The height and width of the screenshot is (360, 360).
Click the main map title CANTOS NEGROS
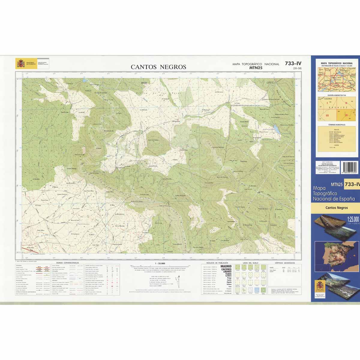(x=158, y=67)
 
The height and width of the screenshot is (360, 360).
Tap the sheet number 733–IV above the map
(x=293, y=63)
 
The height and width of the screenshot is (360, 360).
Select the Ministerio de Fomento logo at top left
(x=31, y=64)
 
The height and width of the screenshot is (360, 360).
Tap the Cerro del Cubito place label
(x=153, y=140)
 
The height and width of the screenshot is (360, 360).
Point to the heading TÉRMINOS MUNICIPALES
(x=337, y=124)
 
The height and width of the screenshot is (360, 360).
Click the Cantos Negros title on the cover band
(x=337, y=208)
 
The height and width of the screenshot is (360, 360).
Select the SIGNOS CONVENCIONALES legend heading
(x=65, y=262)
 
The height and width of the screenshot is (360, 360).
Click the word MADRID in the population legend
(x=226, y=266)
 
